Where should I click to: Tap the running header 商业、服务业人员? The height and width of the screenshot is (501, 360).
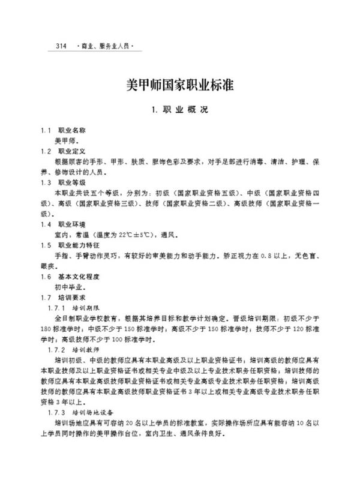(x=104, y=46)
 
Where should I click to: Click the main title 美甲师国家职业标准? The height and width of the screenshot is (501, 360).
(x=180, y=85)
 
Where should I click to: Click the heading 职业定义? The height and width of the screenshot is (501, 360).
(x=73, y=151)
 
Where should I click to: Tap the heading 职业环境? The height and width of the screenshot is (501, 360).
(x=73, y=224)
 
